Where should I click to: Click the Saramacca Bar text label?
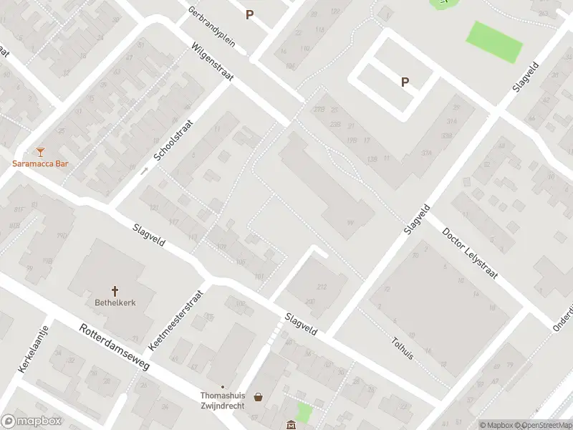(x=40, y=163)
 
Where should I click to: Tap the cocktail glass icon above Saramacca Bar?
(x=40, y=150)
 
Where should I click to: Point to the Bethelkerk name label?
(x=115, y=302)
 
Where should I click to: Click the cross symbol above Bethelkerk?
(x=115, y=290)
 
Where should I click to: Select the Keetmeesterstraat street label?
(x=177, y=320)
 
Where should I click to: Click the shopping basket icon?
(x=258, y=396)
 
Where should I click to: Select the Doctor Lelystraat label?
(x=470, y=255)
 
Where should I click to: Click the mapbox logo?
(x=30, y=421)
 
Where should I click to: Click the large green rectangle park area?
(x=495, y=42)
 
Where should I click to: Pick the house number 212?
(x=321, y=287)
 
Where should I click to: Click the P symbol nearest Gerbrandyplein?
(x=249, y=14)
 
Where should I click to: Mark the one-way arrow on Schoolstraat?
(x=144, y=171)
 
